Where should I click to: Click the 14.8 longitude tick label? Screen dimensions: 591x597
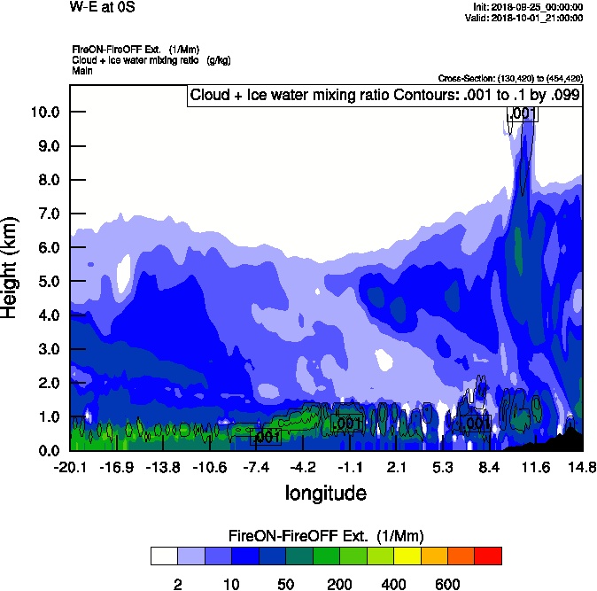click(x=582, y=467)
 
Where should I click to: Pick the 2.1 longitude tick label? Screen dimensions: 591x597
click(x=396, y=467)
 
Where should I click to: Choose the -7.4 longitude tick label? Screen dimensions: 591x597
click(x=256, y=467)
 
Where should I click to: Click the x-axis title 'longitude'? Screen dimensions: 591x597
click(x=325, y=492)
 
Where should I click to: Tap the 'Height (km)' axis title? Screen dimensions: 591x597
click(x=11, y=268)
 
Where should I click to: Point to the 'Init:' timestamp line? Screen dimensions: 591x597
click(x=528, y=7)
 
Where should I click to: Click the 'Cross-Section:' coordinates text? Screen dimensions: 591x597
click(x=510, y=78)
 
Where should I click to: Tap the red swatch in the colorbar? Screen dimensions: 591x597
click(x=488, y=556)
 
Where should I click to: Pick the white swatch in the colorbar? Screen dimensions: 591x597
click(x=164, y=556)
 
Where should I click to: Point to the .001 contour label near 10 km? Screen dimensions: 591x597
click(x=522, y=113)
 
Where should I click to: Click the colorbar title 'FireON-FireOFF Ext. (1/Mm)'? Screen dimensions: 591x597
click(x=326, y=536)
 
